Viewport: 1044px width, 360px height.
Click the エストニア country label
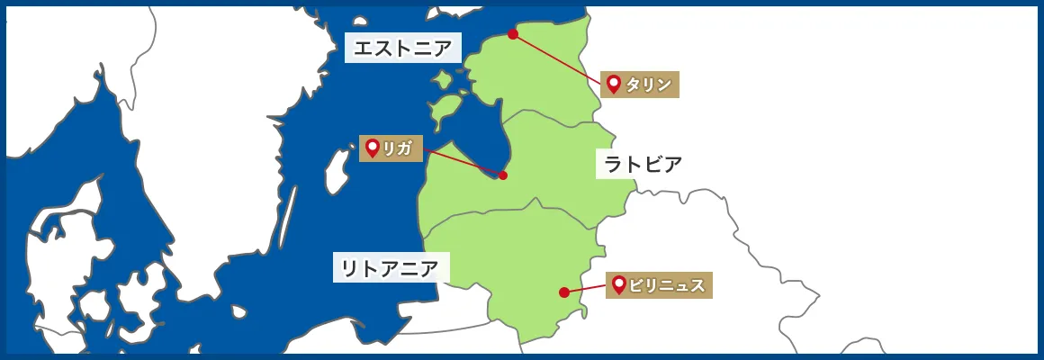pyautogui.click(x=402, y=48)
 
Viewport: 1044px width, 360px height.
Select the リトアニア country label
pyautogui.click(x=391, y=267)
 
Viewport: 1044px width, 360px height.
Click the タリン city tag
pyautogui.click(x=640, y=85)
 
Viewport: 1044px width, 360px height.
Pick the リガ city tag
pyautogui.click(x=391, y=148)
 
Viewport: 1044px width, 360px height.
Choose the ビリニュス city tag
pyautogui.click(x=659, y=285)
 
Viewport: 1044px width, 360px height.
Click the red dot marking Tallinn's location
pyautogui.click(x=513, y=34)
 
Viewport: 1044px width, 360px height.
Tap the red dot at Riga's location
pyautogui.click(x=503, y=175)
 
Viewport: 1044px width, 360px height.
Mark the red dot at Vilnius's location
pyautogui.click(x=563, y=292)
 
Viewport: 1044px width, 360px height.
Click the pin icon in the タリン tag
pyautogui.click(x=614, y=84)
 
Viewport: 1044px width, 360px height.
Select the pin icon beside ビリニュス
pyautogui.click(x=619, y=284)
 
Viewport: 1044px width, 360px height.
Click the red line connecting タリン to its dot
pyautogui.click(x=558, y=59)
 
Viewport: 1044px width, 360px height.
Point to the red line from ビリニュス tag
pyautogui.click(x=585, y=288)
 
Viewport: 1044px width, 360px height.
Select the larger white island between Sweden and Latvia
pyautogui.click(x=337, y=171)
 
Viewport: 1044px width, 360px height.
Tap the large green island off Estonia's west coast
pyautogui.click(x=443, y=110)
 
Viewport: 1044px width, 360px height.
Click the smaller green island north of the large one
pyautogui.click(x=443, y=80)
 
